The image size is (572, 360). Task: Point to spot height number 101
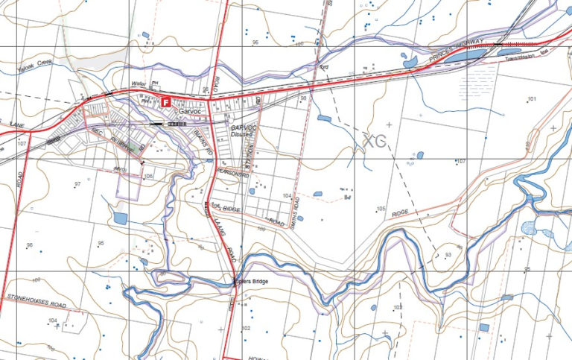(x=532, y=99)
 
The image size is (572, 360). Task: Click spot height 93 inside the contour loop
(x=448, y=255)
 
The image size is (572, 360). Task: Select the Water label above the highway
(x=136, y=83)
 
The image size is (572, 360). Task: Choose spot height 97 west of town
(x=77, y=183)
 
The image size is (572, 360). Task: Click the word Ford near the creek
(x=324, y=67)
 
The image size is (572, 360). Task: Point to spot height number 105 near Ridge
(x=381, y=209)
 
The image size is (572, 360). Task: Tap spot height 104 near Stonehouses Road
(x=52, y=320)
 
